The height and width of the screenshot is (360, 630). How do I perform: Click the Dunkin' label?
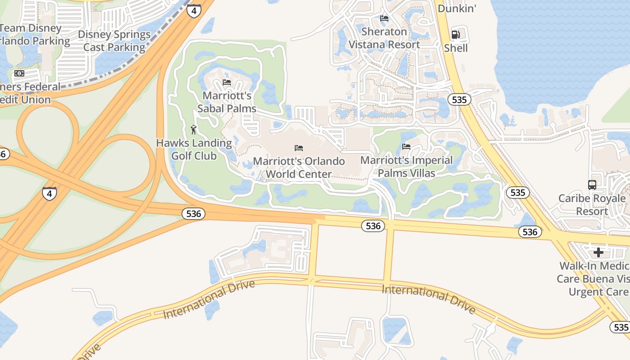tap(456, 8)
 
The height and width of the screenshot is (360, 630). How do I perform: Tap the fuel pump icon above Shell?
tap(456, 35)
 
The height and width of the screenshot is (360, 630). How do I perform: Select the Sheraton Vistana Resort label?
tap(384, 38)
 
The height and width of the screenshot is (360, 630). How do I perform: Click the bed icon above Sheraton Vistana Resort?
tap(384, 18)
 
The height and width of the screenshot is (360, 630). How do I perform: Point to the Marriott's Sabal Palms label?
tap(227, 102)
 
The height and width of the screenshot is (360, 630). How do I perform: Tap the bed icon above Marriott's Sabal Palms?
tap(227, 82)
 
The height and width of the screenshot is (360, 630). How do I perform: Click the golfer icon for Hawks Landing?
tap(193, 130)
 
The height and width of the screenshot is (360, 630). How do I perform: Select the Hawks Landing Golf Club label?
tap(194, 149)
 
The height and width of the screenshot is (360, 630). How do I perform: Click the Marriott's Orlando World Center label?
tap(299, 167)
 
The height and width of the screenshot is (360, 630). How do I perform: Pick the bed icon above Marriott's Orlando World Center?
tap(299, 148)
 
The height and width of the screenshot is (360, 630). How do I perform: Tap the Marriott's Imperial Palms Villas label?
tap(406, 166)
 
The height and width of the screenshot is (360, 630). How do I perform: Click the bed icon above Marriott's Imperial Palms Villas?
tap(406, 147)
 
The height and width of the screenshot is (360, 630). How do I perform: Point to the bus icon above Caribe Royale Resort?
tap(592, 184)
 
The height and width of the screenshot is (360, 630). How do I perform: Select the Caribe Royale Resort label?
tap(592, 205)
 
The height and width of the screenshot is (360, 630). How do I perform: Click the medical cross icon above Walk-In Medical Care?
tap(598, 252)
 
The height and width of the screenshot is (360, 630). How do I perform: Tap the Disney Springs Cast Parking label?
tap(114, 40)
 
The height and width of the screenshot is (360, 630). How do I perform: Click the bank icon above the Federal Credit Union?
tap(19, 73)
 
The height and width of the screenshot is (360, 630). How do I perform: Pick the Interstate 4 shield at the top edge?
tap(193, 11)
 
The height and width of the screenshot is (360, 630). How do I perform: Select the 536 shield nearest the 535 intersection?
tap(530, 232)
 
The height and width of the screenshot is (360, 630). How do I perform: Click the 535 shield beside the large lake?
tap(459, 99)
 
